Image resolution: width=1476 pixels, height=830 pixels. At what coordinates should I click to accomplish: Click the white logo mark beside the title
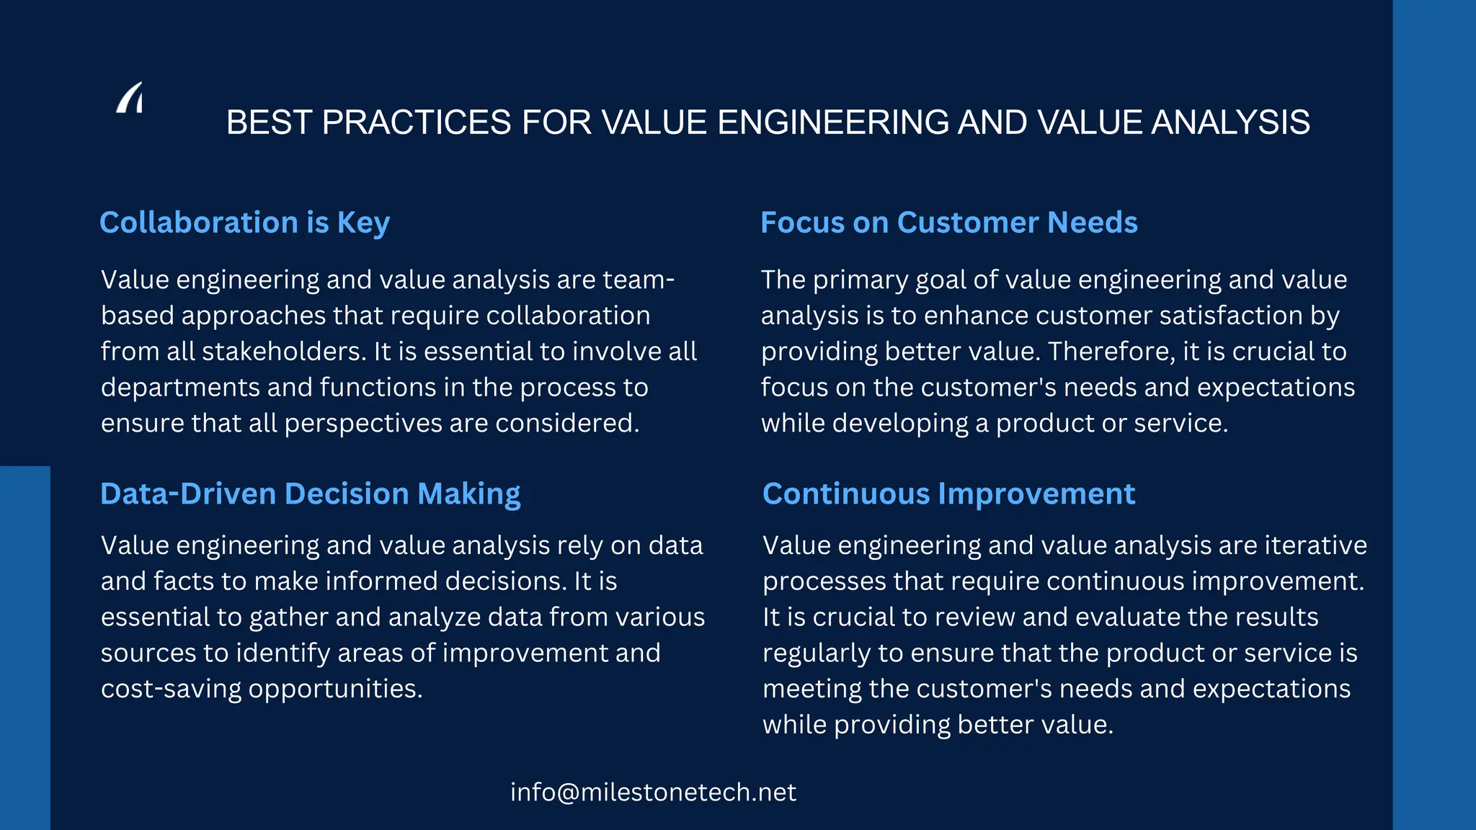pyautogui.click(x=130, y=98)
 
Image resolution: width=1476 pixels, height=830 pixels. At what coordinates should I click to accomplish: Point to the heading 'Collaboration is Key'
pyautogui.click(x=244, y=223)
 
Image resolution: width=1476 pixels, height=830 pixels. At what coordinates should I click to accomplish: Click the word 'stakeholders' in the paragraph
pyautogui.click(x=283, y=352)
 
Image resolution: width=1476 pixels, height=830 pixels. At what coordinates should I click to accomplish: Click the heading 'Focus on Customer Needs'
pyautogui.click(x=949, y=223)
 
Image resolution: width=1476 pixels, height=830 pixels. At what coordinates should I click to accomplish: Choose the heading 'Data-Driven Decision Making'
pyautogui.click(x=310, y=494)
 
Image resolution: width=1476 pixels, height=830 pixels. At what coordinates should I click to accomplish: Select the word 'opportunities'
pyautogui.click(x=335, y=690)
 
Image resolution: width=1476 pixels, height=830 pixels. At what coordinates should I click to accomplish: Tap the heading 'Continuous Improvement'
pyautogui.click(x=948, y=494)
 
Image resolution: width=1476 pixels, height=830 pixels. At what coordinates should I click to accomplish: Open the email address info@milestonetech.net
pyautogui.click(x=653, y=793)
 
